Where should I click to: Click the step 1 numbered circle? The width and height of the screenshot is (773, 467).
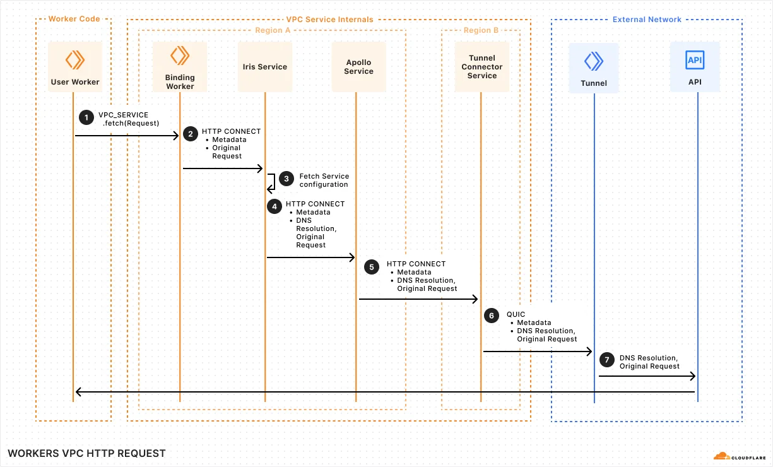pyautogui.click(x=85, y=117)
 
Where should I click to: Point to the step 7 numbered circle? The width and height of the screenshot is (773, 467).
pyautogui.click(x=606, y=360)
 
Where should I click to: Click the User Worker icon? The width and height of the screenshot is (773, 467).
pyautogui.click(x=75, y=60)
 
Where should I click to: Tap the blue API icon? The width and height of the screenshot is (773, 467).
pyautogui.click(x=695, y=61)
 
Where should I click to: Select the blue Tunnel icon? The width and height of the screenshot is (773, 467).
pyautogui.click(x=593, y=61)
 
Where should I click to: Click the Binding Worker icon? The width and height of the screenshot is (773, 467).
pyautogui.click(x=180, y=56)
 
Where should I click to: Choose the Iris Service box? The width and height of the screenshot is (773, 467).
pyautogui.click(x=265, y=67)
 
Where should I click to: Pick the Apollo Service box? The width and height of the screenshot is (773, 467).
pyautogui.click(x=359, y=67)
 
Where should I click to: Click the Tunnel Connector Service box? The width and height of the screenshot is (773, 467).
pyautogui.click(x=482, y=67)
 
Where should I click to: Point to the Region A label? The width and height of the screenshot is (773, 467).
pyautogui.click(x=273, y=30)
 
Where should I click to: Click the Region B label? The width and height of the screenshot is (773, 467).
pyautogui.click(x=481, y=30)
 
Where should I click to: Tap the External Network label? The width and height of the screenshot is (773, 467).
pyautogui.click(x=647, y=20)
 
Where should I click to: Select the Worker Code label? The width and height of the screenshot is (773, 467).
pyautogui.click(x=74, y=19)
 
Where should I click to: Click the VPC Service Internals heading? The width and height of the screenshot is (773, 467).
pyautogui.click(x=330, y=20)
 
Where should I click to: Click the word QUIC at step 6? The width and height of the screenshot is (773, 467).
pyautogui.click(x=516, y=314)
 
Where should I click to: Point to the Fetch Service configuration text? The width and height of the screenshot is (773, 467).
pyautogui.click(x=324, y=180)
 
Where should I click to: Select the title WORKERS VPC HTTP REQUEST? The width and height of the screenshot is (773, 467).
pyautogui.click(x=86, y=453)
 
